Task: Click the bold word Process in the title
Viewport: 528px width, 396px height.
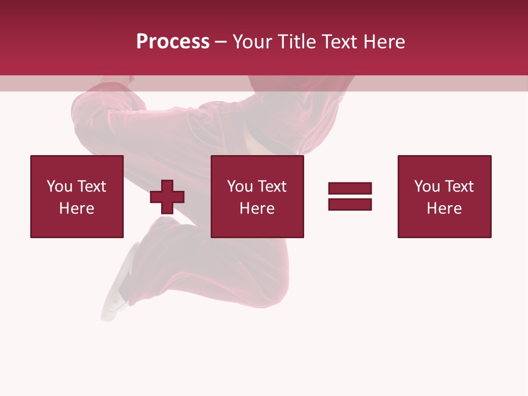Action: tap(173, 42)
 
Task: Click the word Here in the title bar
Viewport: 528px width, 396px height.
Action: tap(385, 42)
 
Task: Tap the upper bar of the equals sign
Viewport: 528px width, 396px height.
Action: tap(350, 188)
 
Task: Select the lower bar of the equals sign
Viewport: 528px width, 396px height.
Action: tap(350, 204)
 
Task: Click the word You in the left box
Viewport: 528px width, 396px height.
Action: tap(59, 186)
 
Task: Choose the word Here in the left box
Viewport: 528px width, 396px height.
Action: tap(76, 208)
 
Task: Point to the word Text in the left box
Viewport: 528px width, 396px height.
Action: tap(91, 186)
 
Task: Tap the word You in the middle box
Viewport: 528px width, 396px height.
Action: tap(240, 186)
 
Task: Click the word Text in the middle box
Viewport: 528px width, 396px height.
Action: tap(271, 186)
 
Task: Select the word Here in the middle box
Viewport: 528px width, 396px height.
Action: tap(257, 208)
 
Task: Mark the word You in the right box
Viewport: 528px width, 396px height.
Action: tap(427, 186)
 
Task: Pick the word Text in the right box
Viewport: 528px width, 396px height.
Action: tap(458, 186)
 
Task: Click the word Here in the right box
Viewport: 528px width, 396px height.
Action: tap(444, 208)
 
